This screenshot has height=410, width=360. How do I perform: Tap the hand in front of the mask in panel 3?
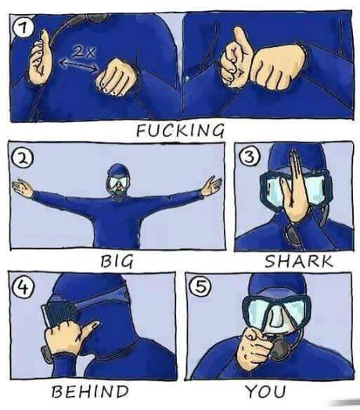(x=294, y=188)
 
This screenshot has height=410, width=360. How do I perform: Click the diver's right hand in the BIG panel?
(x=23, y=189)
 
